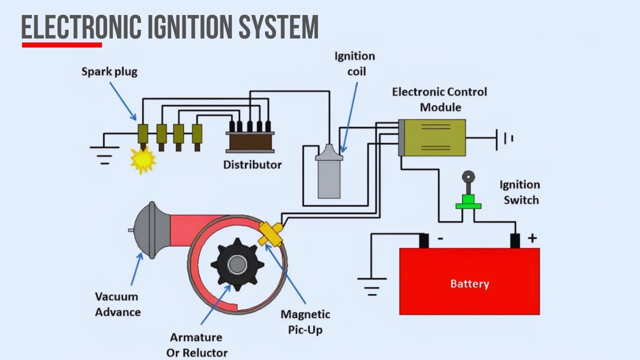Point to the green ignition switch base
pyautogui.click(x=468, y=204)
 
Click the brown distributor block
pyautogui.click(x=250, y=141)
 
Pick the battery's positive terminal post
pyautogui.click(x=515, y=240)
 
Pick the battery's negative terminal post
pyautogui.click(x=424, y=240)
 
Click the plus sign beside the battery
pyautogui.click(x=532, y=238)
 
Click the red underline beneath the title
pyautogui.click(x=62, y=45)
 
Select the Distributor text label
pyautogui.click(x=252, y=164)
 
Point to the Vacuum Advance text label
pyautogui.click(x=118, y=304)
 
